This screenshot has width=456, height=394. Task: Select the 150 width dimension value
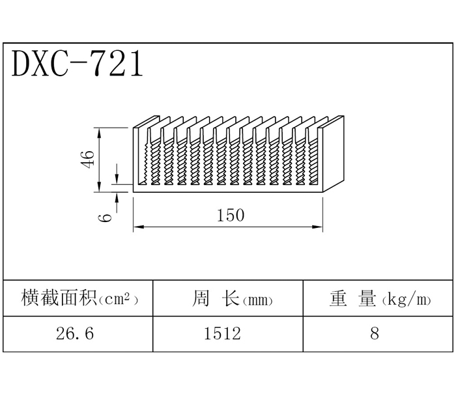tap(231, 215)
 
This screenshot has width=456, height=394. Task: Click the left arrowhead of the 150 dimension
tap(137, 227)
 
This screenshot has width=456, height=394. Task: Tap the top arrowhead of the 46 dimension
tap(100, 130)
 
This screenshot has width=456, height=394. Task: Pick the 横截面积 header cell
tap(79, 299)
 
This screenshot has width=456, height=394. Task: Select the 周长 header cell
tap(228, 299)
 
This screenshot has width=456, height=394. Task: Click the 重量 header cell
tap(379, 299)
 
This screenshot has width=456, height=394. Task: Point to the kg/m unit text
tap(406, 300)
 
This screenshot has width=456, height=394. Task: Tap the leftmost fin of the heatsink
tap(137, 156)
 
